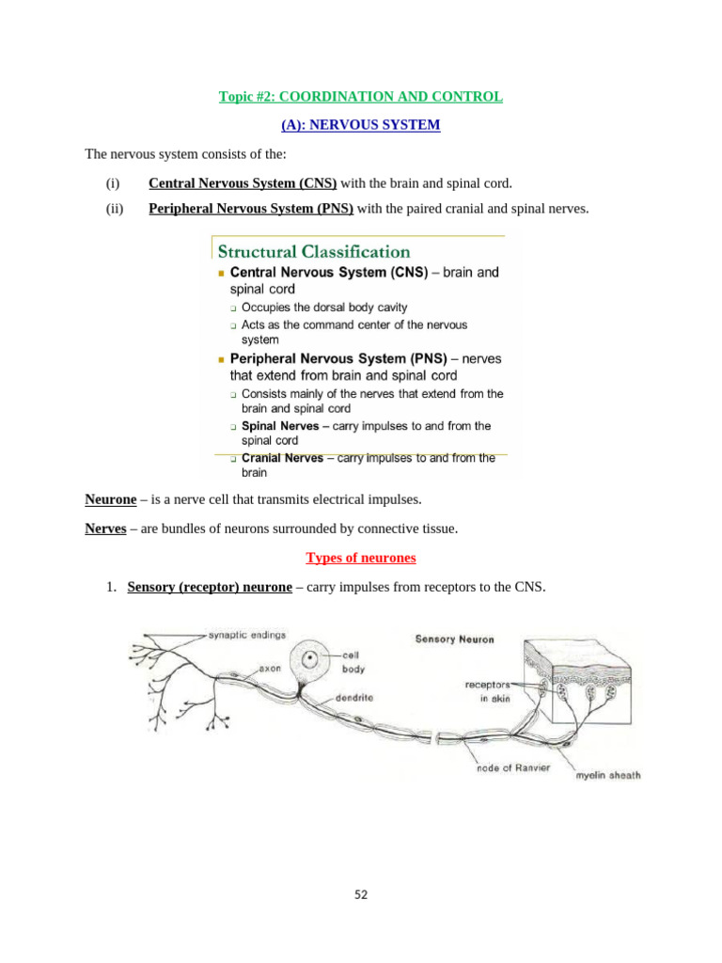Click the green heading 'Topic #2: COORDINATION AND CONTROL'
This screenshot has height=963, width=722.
[x=361, y=97]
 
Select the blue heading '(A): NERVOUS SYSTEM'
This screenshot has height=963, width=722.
[x=361, y=124]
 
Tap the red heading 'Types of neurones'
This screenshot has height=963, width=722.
[x=361, y=558]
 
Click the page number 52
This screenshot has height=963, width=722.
[x=361, y=894]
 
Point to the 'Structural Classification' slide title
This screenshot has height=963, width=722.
[x=314, y=251]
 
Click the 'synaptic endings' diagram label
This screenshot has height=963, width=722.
[x=247, y=634]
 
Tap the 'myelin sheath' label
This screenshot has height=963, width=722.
[x=608, y=776]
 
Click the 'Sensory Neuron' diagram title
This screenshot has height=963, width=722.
[x=455, y=639]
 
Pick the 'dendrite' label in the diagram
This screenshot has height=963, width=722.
[x=356, y=700]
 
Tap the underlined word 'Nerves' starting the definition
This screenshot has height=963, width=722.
[x=105, y=529]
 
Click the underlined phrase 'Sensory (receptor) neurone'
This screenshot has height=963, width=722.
[x=210, y=587]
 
